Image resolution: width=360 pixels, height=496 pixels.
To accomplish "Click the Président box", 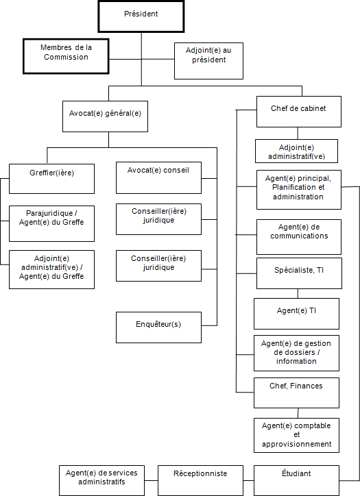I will click(141, 16).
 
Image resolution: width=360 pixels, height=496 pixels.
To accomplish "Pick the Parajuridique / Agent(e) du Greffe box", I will click(51, 222).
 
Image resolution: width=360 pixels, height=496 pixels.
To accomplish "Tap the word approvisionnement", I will click(296, 444).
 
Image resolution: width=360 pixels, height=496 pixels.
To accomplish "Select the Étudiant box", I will click(296, 480).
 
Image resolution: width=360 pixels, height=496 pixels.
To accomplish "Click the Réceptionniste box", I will click(200, 480).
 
